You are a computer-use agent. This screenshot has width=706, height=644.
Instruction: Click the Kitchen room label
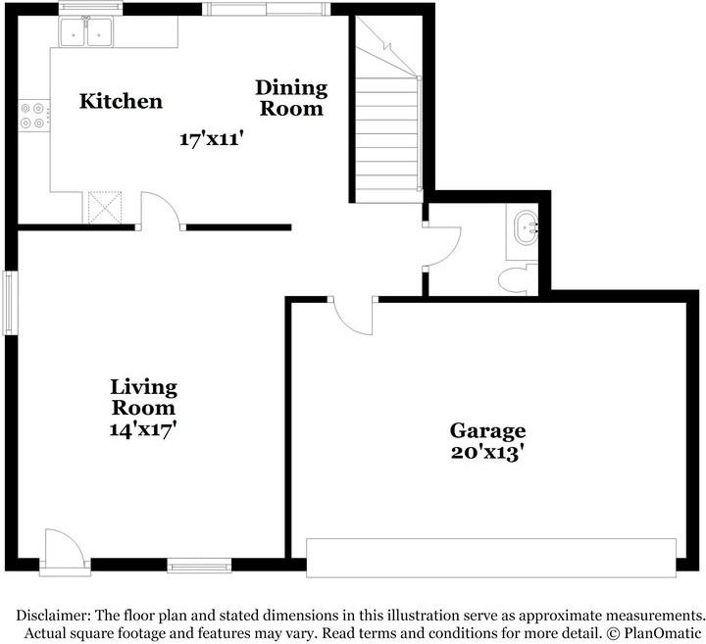[x=121, y=101]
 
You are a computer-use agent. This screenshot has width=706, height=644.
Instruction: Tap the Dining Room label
[x=291, y=98]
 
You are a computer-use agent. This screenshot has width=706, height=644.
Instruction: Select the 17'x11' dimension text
[x=212, y=139]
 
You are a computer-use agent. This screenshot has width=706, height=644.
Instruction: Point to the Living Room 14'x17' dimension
[x=142, y=429]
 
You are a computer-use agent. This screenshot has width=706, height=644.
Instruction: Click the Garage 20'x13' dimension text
[x=488, y=452]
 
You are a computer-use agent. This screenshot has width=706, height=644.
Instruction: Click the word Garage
[x=487, y=431]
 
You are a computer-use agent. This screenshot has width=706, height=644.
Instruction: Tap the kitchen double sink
[x=86, y=31]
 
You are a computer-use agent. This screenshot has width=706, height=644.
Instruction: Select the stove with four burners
[x=34, y=116]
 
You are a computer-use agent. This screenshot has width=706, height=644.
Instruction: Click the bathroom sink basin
[x=527, y=230]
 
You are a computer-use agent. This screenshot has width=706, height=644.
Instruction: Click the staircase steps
[x=387, y=140]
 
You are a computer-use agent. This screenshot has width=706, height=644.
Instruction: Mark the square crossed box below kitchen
[x=105, y=207]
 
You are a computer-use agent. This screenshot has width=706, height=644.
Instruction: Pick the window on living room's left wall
[x=11, y=303]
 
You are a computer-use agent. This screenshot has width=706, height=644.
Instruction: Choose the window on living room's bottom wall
[x=199, y=566]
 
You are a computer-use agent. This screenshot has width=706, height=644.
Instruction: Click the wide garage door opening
[x=491, y=558]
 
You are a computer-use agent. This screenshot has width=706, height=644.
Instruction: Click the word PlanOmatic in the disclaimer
[x=662, y=633]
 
